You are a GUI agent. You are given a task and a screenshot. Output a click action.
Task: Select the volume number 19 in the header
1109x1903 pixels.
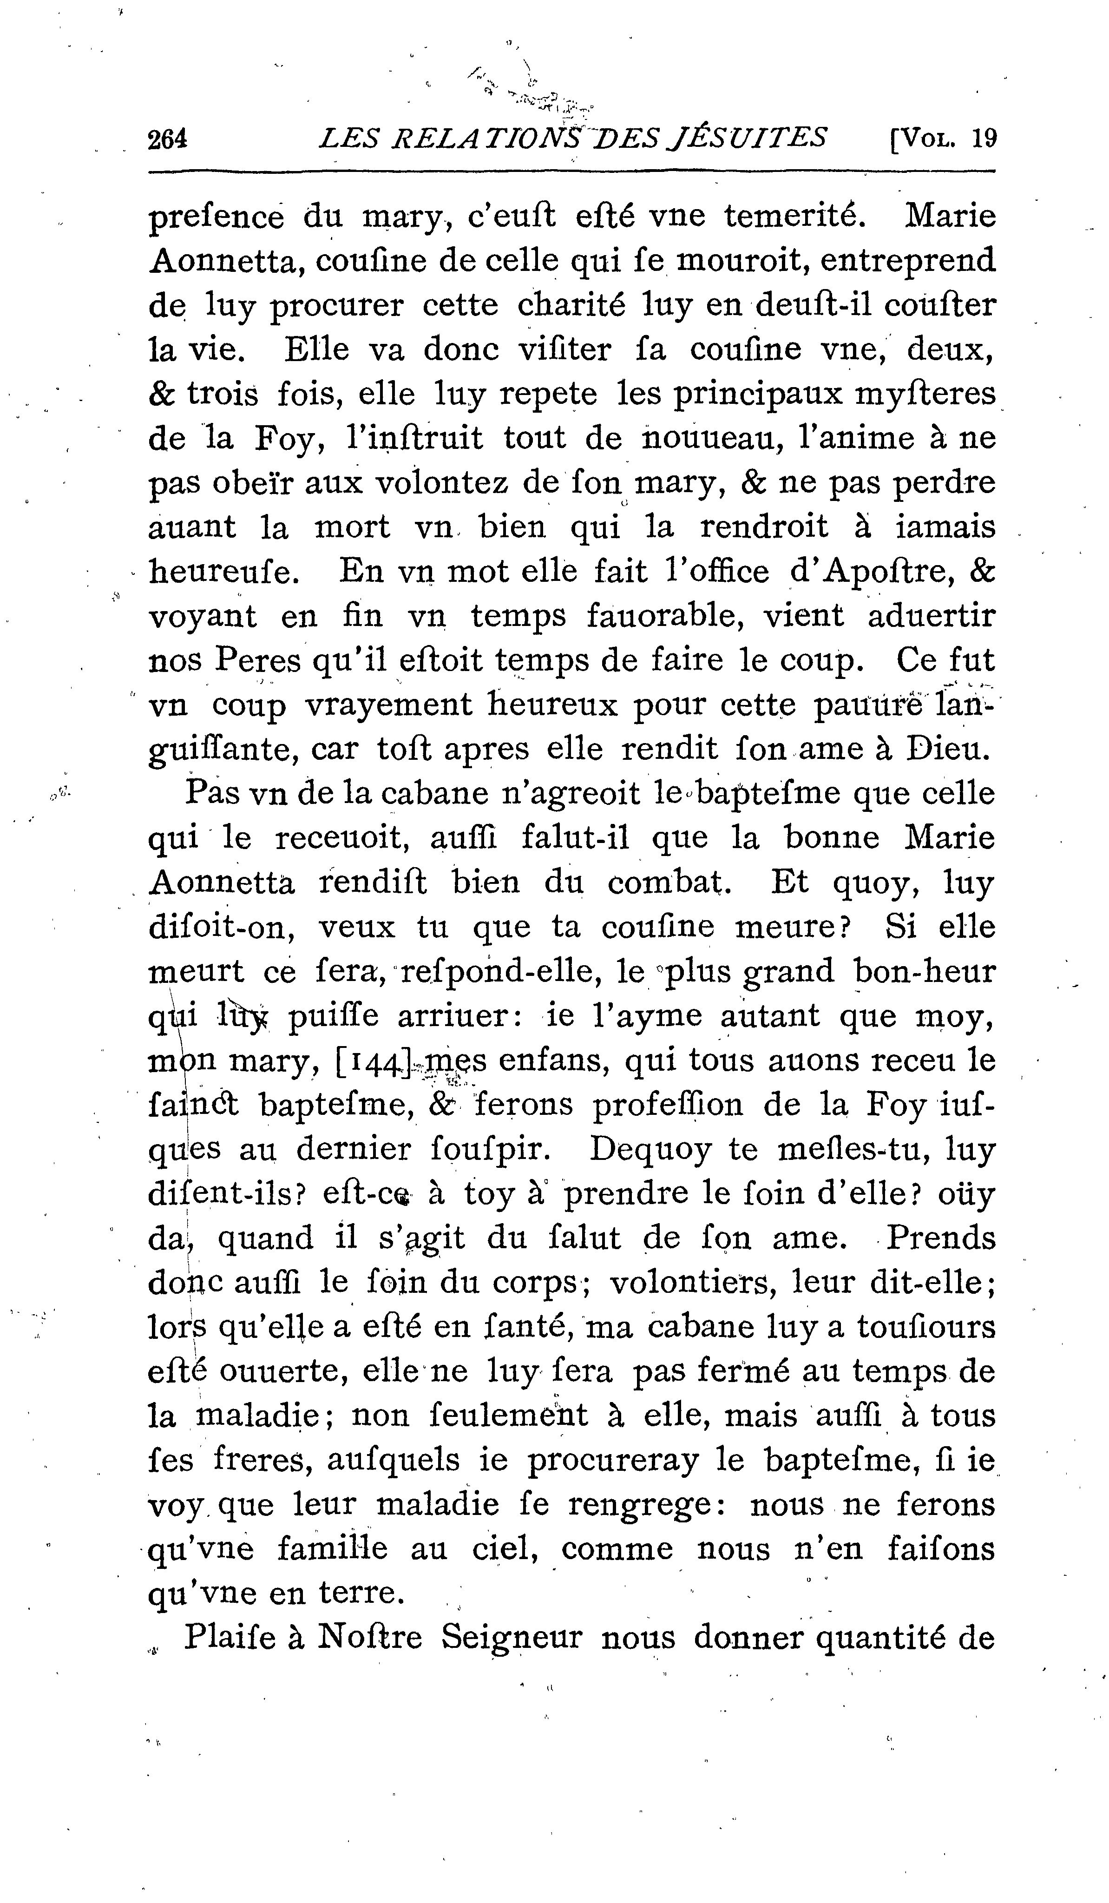pyautogui.click(x=984, y=139)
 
